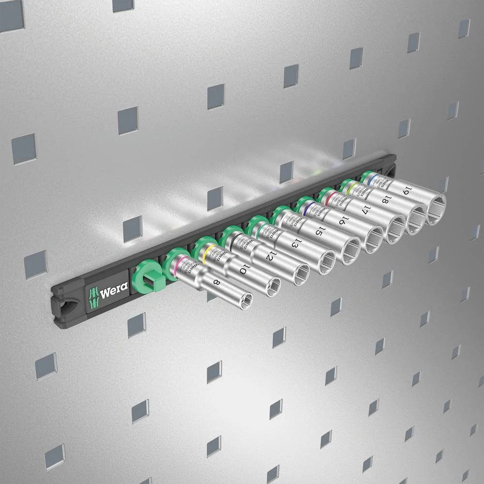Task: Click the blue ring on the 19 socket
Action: click(372, 180)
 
